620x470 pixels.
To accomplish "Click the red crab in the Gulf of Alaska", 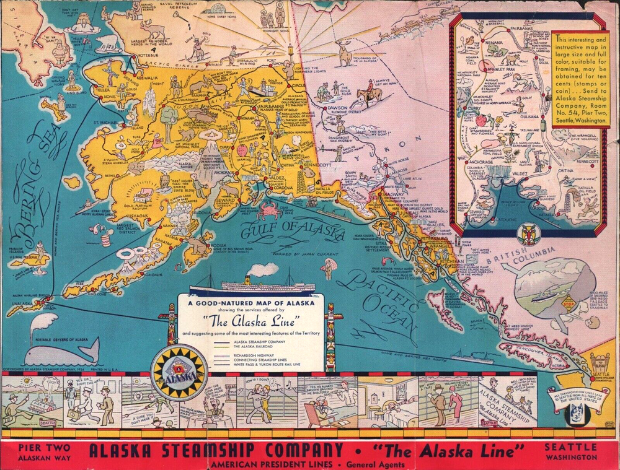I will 271,211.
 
